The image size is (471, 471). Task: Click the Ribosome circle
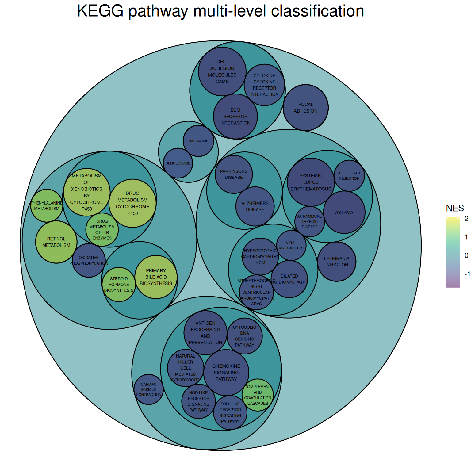point(198,141)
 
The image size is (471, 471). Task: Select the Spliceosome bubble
point(178,163)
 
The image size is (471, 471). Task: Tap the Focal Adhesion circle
point(305,108)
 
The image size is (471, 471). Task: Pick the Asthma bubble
point(344,212)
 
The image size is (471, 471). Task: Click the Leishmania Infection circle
point(336,262)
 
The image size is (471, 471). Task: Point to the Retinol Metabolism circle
point(56,242)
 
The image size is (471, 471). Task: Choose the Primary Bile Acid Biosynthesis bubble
point(156,277)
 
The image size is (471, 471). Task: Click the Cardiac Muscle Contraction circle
point(149,389)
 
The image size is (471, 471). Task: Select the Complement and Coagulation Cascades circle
point(258,395)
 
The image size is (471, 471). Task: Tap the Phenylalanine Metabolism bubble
point(47,206)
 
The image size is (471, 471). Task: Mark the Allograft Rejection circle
point(349,175)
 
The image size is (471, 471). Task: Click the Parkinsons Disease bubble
point(234,174)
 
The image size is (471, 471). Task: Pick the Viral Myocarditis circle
point(291,245)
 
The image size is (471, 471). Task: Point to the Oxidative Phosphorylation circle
point(89,260)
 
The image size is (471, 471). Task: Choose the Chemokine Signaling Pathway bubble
point(226,373)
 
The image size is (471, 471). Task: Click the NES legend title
point(455,208)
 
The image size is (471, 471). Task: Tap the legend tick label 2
point(466,219)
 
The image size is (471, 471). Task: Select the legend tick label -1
point(467,274)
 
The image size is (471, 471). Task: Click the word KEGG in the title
point(100,11)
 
